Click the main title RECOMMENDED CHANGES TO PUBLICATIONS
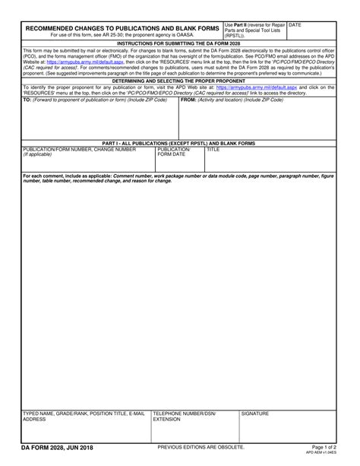(x=122, y=28)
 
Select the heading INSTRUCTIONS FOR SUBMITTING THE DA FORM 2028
(x=180, y=45)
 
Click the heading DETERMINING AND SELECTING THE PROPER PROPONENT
(x=180, y=80)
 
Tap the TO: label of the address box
(x=27, y=100)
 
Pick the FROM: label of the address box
(x=190, y=100)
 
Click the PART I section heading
(x=180, y=143)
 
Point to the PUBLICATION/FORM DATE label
(x=173, y=152)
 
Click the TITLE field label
(x=213, y=150)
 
